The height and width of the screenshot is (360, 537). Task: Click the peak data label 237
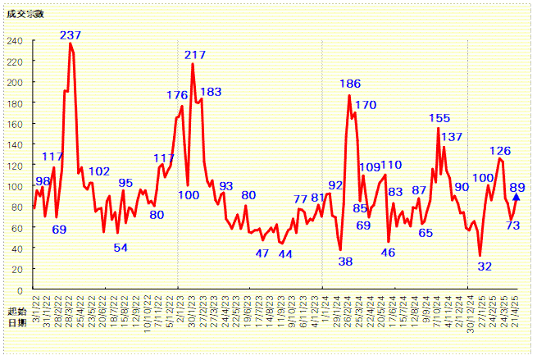pos(71,35)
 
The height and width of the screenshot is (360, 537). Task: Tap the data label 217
pos(195,55)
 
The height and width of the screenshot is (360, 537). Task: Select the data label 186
pos(350,84)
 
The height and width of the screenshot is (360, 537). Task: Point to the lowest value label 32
pos(485,266)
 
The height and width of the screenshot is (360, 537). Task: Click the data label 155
pos(439,118)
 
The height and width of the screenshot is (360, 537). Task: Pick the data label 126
pos(500,151)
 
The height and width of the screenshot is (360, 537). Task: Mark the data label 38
pos(345,262)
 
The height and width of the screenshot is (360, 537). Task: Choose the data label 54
pos(121,248)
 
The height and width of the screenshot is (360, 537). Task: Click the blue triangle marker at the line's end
pos(516,197)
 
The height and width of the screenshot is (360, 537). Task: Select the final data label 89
pos(517,188)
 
